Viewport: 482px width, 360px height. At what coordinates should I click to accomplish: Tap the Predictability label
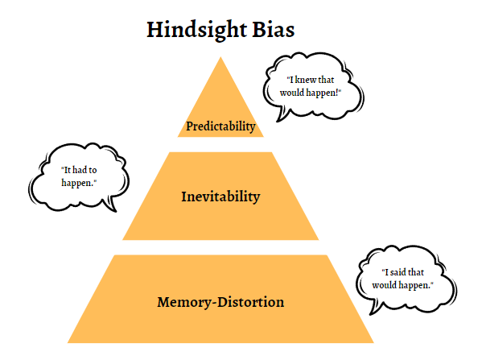(x=220, y=126)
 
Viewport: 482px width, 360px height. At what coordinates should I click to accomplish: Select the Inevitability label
(x=220, y=197)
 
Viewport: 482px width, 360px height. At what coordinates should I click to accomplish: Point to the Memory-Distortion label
(x=220, y=303)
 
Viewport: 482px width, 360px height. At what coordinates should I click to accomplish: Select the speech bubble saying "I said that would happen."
(x=402, y=279)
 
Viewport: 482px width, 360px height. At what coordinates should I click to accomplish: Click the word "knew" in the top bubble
(x=309, y=80)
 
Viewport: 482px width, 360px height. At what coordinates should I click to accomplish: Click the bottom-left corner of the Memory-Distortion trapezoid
(x=68, y=343)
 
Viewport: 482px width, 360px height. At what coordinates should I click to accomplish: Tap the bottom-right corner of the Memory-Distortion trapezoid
(x=374, y=343)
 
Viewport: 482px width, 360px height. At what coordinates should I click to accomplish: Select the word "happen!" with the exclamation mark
(x=326, y=93)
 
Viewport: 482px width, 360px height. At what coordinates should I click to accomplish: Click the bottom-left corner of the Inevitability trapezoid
(x=122, y=239)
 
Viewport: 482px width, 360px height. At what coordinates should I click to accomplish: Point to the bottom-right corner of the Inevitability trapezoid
(x=319, y=239)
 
